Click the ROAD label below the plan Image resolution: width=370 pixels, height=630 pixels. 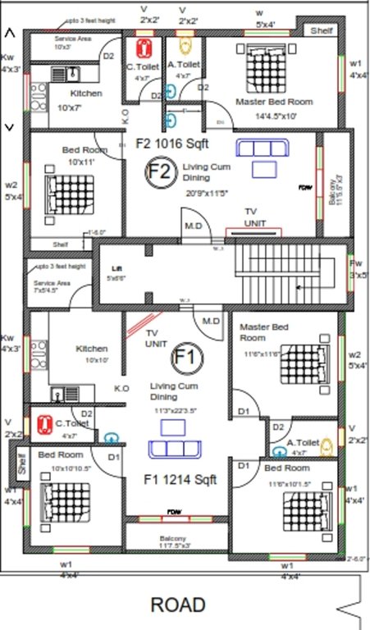tap(178, 605)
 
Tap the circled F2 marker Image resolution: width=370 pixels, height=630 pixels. tap(161, 172)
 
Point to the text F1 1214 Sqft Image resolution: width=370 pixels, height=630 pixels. tap(180, 480)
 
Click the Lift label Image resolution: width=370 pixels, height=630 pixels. tap(117, 268)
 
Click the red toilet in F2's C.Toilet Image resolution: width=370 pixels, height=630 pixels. tap(145, 47)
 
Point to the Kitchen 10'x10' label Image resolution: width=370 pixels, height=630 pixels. tap(92, 354)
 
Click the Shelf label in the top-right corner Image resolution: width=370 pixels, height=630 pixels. tap(320, 30)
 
